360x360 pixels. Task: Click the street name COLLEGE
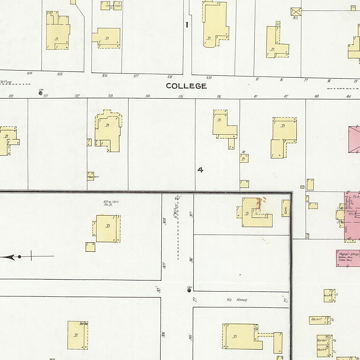coord(186,86)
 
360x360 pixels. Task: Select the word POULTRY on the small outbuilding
coord(93,177)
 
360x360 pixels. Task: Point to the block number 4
coord(200,170)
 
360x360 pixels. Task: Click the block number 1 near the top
coord(187,25)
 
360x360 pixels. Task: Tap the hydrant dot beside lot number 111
coord(40,93)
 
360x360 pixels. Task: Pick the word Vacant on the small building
coord(317,319)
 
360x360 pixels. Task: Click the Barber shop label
coord(322,340)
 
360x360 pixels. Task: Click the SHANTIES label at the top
coord(115,6)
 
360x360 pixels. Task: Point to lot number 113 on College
coord(110,96)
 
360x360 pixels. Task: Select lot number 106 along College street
coord(104,76)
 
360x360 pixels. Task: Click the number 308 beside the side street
coord(164,221)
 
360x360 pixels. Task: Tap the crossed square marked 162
coord(295,12)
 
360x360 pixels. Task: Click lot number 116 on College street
coord(219,97)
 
